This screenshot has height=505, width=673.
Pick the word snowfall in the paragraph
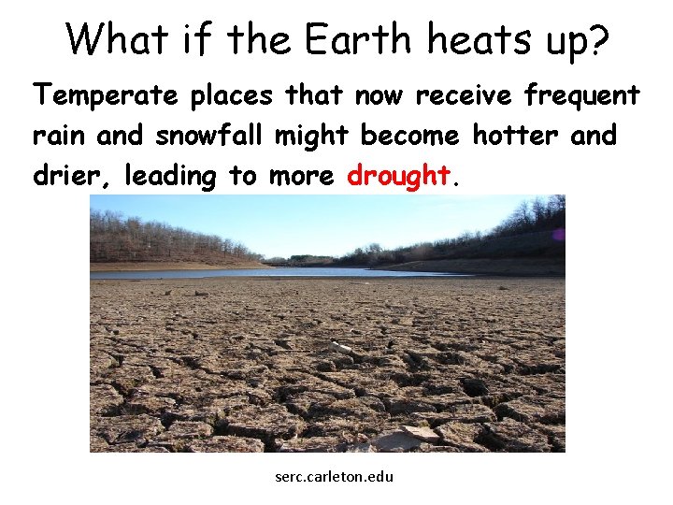tap(211, 136)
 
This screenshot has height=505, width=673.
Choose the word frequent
tap(582, 94)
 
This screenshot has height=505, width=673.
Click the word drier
tap(68, 175)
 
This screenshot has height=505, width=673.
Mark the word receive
tap(465, 94)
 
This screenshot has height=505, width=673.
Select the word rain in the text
tap(60, 136)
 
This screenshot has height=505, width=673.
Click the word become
tap(410, 136)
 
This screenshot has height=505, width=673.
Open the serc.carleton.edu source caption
tap(335, 477)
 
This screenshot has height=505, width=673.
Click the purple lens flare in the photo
tap(558, 234)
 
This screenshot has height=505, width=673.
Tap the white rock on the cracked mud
tap(340, 348)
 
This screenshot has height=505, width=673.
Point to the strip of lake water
tap(280, 273)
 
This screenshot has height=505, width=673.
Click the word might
tap(312, 136)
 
